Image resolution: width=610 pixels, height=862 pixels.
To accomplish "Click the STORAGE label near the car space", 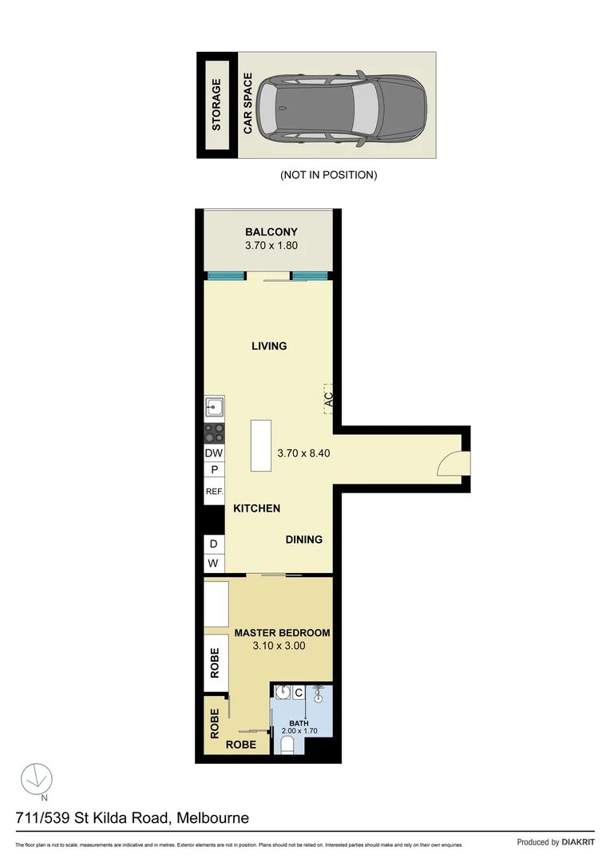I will point(216,105).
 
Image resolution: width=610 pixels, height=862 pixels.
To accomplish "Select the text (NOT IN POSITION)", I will point(328,175).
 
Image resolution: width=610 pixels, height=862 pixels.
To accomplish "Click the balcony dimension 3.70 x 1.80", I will point(271,246).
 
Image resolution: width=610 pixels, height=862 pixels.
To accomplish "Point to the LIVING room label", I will point(269,346).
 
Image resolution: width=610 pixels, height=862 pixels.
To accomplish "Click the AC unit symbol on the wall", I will point(327,400).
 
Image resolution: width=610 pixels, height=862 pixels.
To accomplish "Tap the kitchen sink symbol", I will point(214,408).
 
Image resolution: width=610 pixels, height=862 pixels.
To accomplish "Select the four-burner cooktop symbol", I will point(214,433).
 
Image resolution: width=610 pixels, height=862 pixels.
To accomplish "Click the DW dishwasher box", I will point(214,453).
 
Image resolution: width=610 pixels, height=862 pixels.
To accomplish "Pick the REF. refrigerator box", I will point(214,492).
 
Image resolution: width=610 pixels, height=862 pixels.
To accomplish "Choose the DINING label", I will point(304,540).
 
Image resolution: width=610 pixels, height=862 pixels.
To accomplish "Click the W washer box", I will point(213,563).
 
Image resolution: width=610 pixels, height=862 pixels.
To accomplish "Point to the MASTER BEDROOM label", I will point(282,633).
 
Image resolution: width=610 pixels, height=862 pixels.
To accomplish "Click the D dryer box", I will point(213,544).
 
